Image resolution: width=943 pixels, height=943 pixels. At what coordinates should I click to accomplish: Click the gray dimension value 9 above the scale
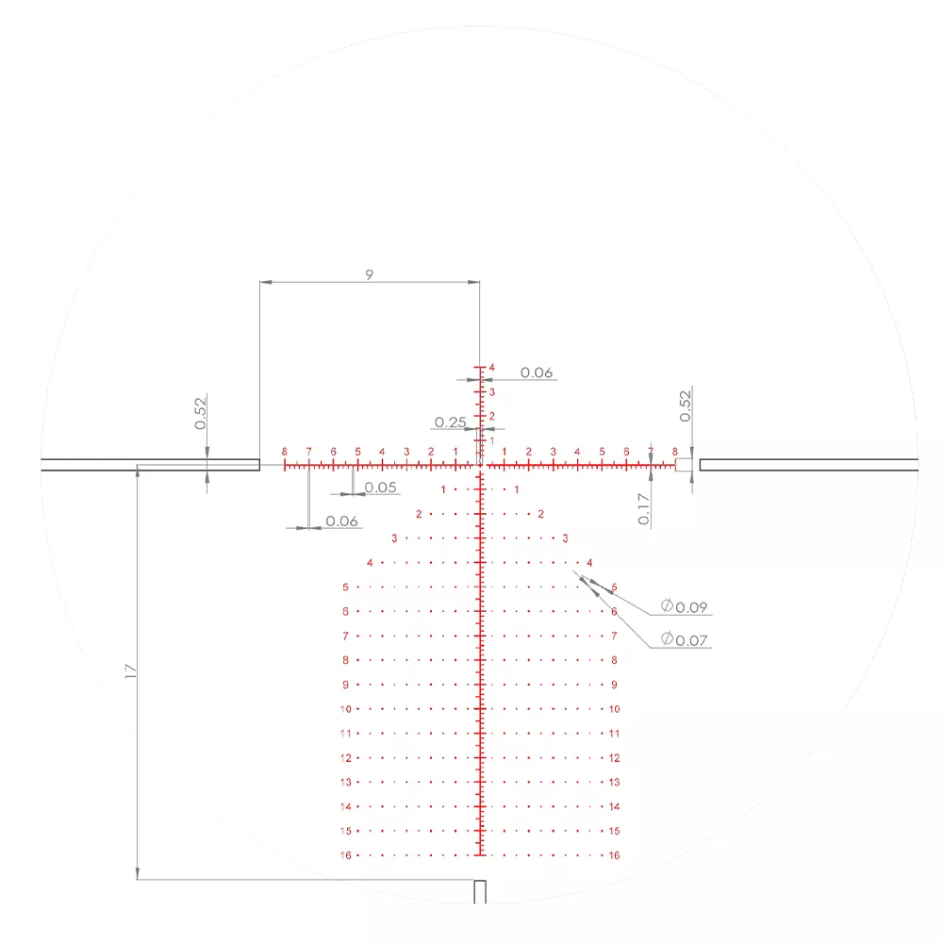pyautogui.click(x=370, y=274)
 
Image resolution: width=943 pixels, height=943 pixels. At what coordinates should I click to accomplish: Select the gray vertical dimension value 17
pyautogui.click(x=130, y=671)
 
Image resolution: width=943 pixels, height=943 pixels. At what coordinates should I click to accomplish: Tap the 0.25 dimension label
pyautogui.click(x=451, y=422)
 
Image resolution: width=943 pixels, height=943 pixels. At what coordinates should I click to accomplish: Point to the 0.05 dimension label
pyautogui.click(x=381, y=488)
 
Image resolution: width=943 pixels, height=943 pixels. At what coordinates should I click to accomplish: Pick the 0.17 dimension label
pyautogui.click(x=643, y=509)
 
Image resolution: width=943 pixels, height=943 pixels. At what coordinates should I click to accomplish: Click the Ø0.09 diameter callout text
pyautogui.click(x=684, y=606)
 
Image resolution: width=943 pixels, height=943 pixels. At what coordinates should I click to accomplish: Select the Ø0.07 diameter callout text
pyautogui.click(x=684, y=639)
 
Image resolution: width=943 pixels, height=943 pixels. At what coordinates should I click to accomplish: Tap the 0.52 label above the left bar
pyautogui.click(x=200, y=413)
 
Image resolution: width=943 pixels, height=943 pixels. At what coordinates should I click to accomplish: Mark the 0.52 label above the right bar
pyautogui.click(x=685, y=405)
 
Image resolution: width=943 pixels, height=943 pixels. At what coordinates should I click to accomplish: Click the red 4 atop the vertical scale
pyautogui.click(x=492, y=368)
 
